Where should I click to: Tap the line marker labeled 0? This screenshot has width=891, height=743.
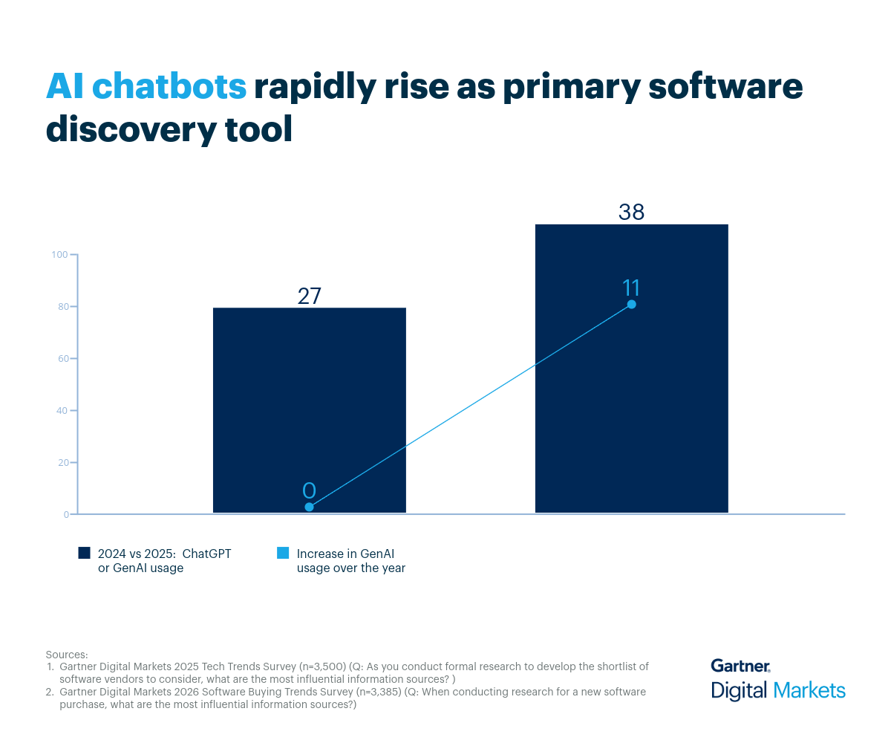click(x=309, y=507)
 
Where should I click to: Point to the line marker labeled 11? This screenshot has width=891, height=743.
click(x=631, y=304)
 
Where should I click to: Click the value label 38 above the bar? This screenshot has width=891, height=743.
click(x=631, y=212)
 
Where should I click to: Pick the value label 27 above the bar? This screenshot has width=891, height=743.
click(x=309, y=296)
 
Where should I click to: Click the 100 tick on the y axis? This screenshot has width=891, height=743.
click(x=59, y=255)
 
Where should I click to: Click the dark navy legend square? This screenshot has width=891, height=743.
click(x=84, y=554)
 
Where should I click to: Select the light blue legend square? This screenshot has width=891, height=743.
click(x=282, y=554)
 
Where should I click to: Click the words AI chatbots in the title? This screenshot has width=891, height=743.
click(x=146, y=87)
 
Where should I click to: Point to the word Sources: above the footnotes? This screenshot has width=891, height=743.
click(x=67, y=655)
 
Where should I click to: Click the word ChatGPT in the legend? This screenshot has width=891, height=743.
click(x=206, y=554)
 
